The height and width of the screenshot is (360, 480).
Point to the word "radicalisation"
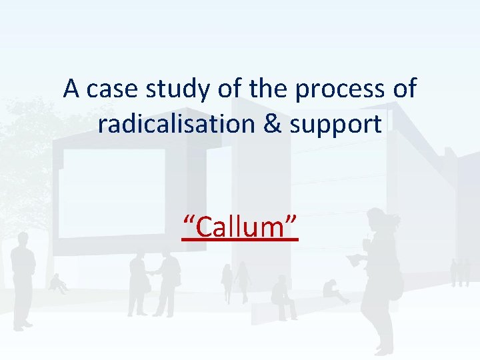171,123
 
